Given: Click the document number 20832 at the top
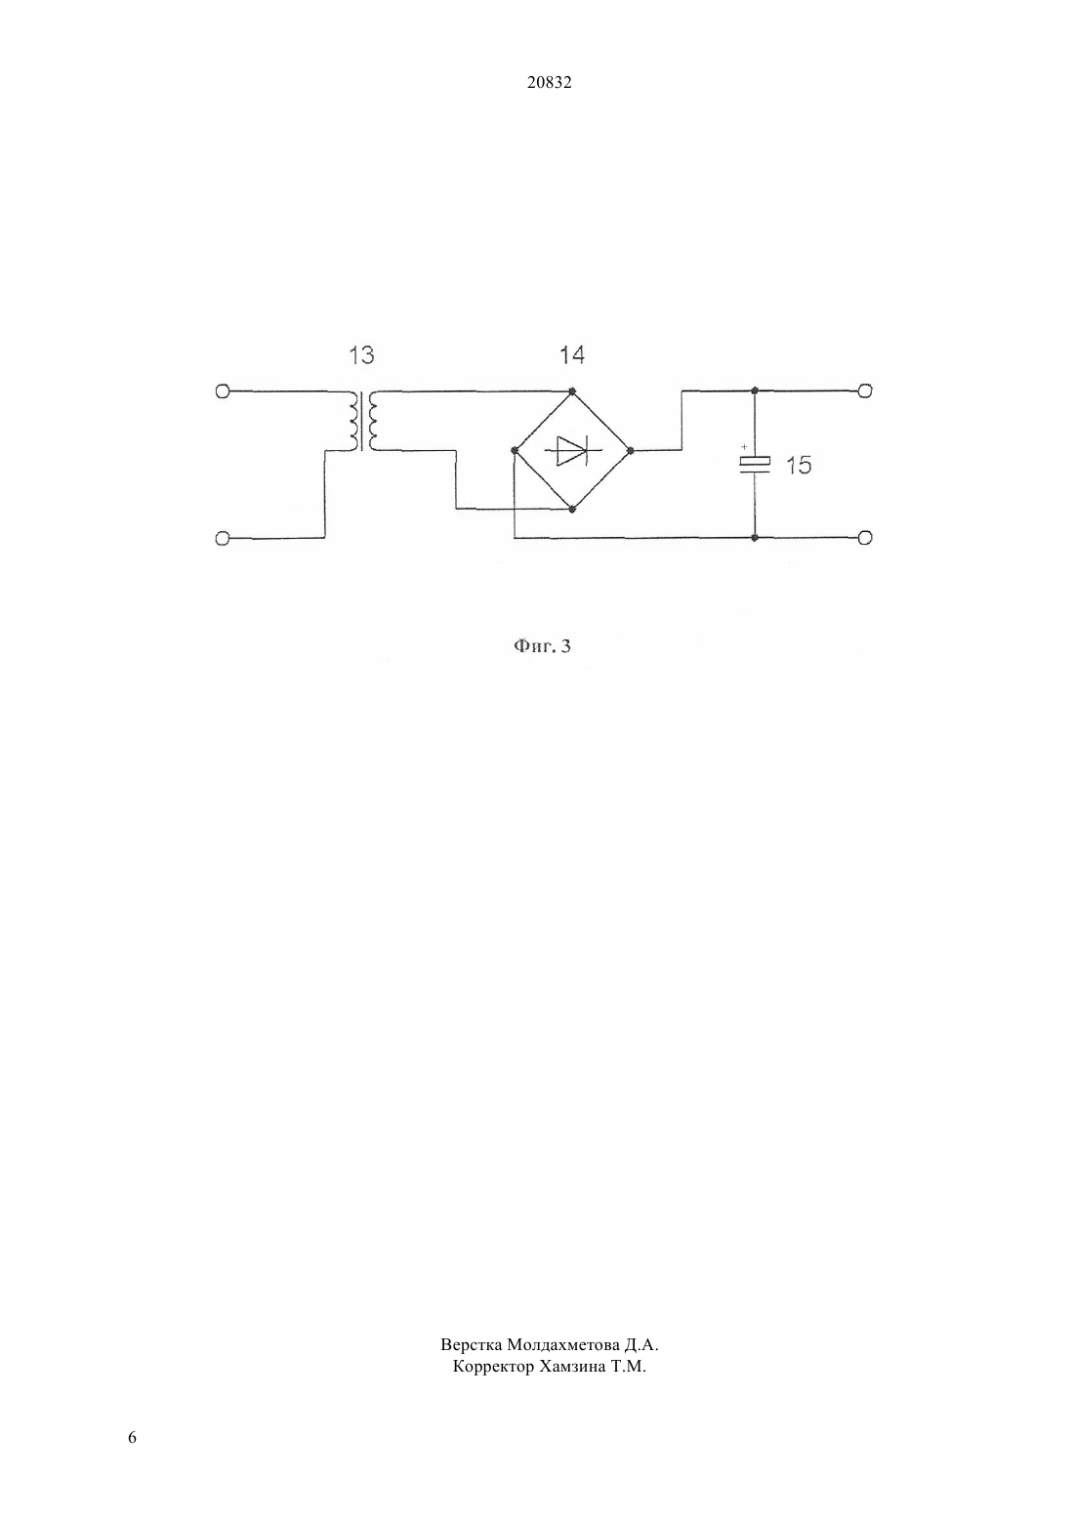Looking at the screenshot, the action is [549, 83].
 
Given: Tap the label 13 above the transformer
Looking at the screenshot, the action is [361, 354].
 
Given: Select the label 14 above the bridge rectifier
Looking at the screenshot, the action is [571, 354].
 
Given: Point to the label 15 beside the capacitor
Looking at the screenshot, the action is [799, 466].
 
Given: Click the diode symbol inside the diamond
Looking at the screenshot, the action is [572, 450].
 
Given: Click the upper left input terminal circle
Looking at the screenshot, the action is [223, 391].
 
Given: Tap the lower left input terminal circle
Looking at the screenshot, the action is [223, 539].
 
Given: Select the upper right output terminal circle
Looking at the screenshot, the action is [864, 390].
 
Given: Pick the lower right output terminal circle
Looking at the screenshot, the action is [864, 538].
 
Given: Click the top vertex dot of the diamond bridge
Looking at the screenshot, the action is [572, 391].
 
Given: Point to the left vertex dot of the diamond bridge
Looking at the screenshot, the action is [515, 450].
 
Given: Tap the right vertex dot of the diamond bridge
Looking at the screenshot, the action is [630, 450].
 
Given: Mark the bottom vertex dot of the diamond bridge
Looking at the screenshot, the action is [572, 509].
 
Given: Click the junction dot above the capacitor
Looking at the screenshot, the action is [755, 390].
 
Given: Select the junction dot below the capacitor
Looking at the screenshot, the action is [755, 538].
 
